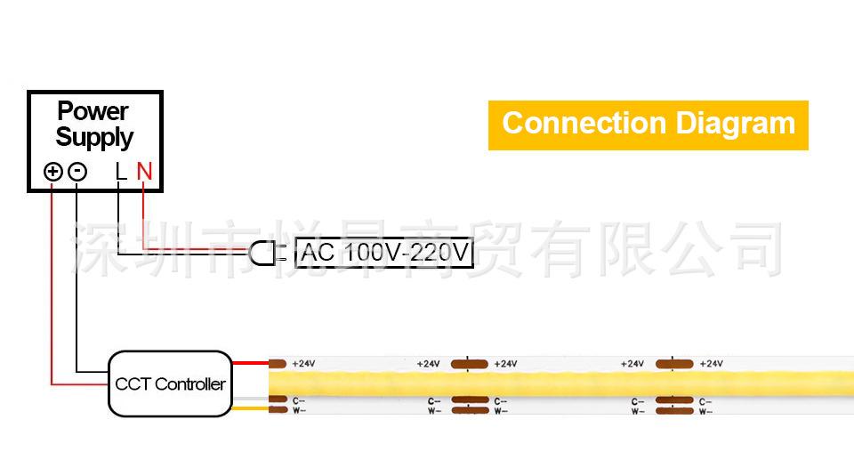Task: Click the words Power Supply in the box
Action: point(93,125)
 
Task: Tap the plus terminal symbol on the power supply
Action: point(53,172)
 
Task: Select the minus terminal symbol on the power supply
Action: point(77,172)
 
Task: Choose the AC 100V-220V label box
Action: point(384,254)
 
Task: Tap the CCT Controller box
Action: point(169,383)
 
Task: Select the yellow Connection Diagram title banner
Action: point(648,125)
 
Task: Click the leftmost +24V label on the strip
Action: point(303,363)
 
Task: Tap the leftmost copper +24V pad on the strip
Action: point(278,363)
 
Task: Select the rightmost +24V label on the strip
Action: point(711,363)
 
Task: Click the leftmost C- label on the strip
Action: point(300,401)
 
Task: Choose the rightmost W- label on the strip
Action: point(705,411)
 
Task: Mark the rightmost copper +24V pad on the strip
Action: point(674,363)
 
